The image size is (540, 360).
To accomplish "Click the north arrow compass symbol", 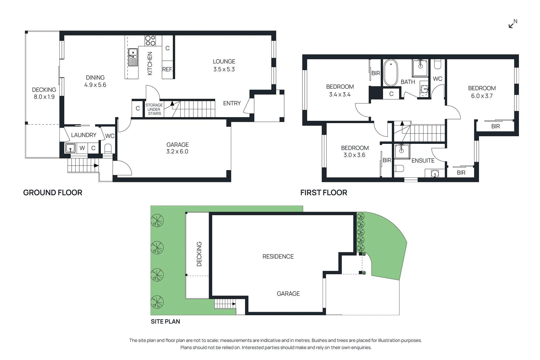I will [513, 24].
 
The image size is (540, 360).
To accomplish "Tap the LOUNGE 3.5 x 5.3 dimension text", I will [224, 69].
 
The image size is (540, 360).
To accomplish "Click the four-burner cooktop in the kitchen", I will [150, 40].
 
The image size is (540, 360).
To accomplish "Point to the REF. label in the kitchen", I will [167, 70].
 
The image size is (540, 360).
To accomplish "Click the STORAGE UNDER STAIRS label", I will [154, 109].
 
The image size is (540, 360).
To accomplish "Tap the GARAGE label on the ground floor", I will [177, 144].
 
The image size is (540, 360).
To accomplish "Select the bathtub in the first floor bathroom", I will [391, 73].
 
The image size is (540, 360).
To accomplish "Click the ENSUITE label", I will [423, 161].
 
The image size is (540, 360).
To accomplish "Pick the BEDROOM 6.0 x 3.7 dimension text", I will [482, 96].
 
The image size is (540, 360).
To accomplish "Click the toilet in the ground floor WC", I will [108, 148].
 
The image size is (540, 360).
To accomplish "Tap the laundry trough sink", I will [70, 148].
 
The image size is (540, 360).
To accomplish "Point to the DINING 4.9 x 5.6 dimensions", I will [95, 85].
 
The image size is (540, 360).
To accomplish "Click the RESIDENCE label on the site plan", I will [278, 256].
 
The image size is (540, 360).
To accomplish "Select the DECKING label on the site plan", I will [199, 254].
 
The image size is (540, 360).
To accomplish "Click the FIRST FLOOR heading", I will [323, 193].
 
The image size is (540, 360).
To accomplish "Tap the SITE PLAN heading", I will [165, 322].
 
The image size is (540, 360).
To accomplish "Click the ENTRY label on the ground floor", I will [232, 103].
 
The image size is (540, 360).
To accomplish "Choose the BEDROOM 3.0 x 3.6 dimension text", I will [354, 155].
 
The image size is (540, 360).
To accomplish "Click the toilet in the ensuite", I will [399, 168].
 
